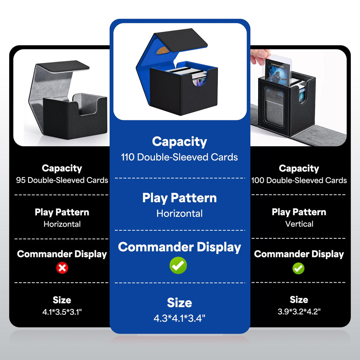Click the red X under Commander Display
pyautogui.click(x=62, y=268)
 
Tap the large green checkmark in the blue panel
pyautogui.click(x=178, y=265)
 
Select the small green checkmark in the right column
pyautogui.click(x=298, y=268)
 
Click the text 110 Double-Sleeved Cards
pyautogui.click(x=179, y=157)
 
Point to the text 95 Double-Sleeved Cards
pyautogui.click(x=62, y=180)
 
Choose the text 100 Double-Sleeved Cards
pyautogui.click(x=299, y=180)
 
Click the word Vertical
pyautogui.click(x=299, y=224)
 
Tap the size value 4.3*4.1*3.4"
pyautogui.click(x=179, y=318)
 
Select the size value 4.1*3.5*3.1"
pyautogui.click(x=62, y=312)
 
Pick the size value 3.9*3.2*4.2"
pyautogui.click(x=299, y=311)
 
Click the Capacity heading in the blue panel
pyautogui.click(x=180, y=142)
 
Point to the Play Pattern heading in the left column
pyautogui.click(x=62, y=212)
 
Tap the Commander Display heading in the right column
pyautogui.click(x=299, y=254)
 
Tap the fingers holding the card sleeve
pyautogui.click(x=259, y=56)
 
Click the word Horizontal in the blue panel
pyautogui.click(x=180, y=213)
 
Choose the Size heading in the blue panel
pyautogui.click(x=180, y=303)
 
